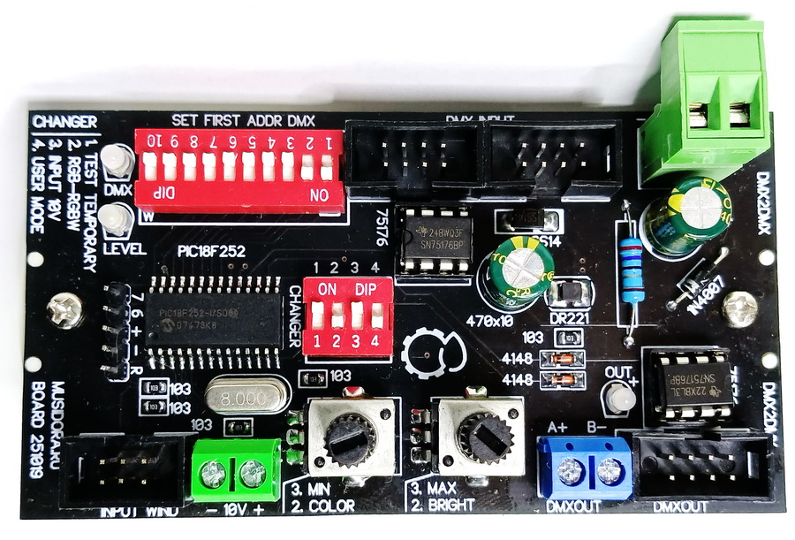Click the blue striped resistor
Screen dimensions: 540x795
click(x=629, y=270)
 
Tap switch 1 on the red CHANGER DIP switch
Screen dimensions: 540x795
click(x=316, y=316)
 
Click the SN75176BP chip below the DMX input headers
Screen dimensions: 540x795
click(x=432, y=241)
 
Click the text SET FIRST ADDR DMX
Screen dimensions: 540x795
click(x=243, y=120)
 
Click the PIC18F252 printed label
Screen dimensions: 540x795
click(x=209, y=251)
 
